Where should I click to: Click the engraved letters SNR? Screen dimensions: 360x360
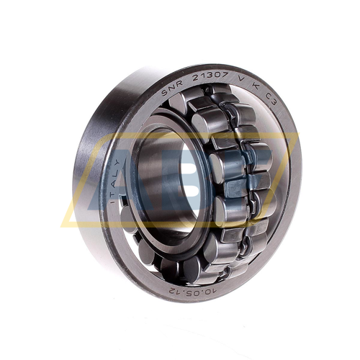(x=172, y=87)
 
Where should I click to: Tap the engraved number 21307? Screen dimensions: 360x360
(x=211, y=76)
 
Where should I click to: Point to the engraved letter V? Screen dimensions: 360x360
(x=241, y=80)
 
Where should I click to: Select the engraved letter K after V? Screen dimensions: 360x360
(x=256, y=87)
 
